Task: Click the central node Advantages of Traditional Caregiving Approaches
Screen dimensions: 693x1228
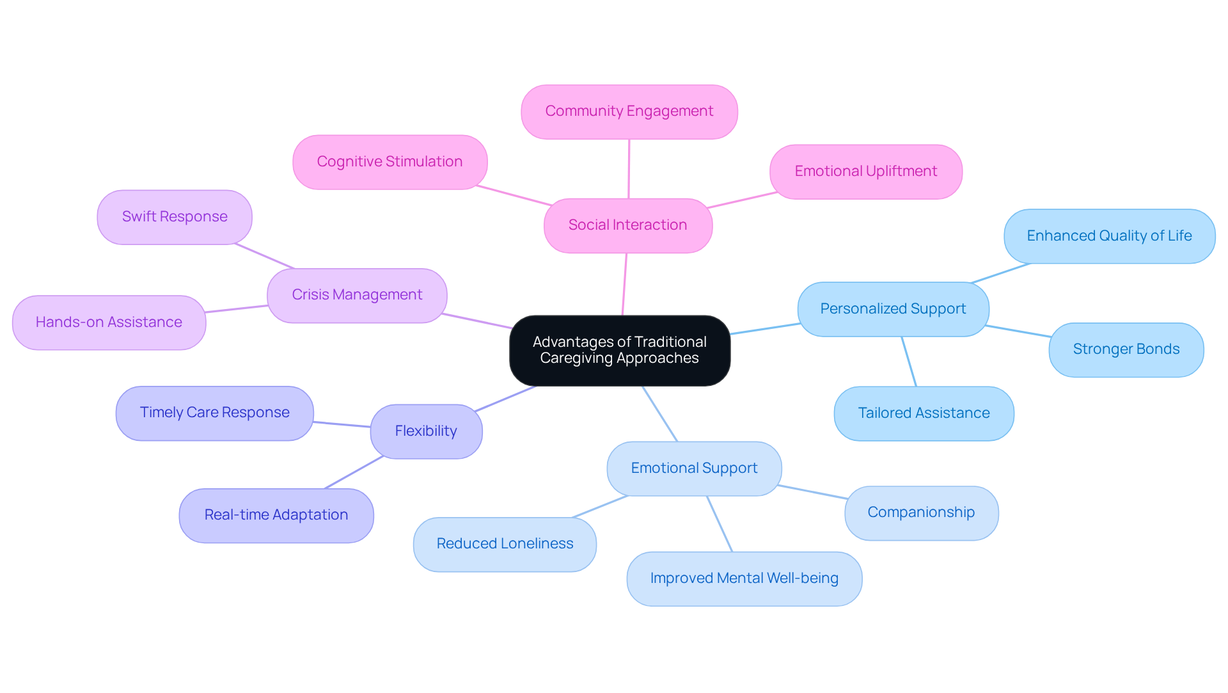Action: pyautogui.click(x=619, y=350)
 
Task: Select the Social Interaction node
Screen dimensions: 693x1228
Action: pyautogui.click(x=627, y=225)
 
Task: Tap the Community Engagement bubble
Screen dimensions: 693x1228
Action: pyautogui.click(x=629, y=111)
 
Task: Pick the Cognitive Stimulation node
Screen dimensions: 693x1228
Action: pyautogui.click(x=390, y=162)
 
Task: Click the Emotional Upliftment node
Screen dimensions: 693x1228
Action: pyautogui.click(x=865, y=171)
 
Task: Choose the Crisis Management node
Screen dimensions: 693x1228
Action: pyautogui.click(x=357, y=295)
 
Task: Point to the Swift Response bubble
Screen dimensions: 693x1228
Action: pyautogui.click(x=175, y=217)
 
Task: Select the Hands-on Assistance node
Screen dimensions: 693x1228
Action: pyautogui.click(x=109, y=323)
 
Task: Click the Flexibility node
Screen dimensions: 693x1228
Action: pyautogui.click(x=426, y=431)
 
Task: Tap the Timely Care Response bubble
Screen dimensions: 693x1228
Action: pyautogui.click(x=214, y=413)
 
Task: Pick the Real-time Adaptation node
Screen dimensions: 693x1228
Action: pyautogui.click(x=276, y=515)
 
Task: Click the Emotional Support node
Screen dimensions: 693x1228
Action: pyautogui.click(x=694, y=468)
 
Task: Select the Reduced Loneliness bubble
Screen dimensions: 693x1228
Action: pyautogui.click(x=505, y=544)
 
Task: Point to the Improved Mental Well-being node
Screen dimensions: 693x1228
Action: pyautogui.click(x=744, y=578)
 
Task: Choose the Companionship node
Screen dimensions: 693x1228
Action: pyautogui.click(x=921, y=513)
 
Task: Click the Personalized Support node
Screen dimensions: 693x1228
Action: pyautogui.click(x=893, y=309)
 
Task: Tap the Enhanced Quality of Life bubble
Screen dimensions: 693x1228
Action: pyautogui.click(x=1109, y=236)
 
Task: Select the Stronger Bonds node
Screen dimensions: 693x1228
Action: pyautogui.click(x=1126, y=349)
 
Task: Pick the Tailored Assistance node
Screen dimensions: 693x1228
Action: pyautogui.click(x=924, y=413)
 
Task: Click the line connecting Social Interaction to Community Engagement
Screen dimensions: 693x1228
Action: pyautogui.click(x=629, y=169)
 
